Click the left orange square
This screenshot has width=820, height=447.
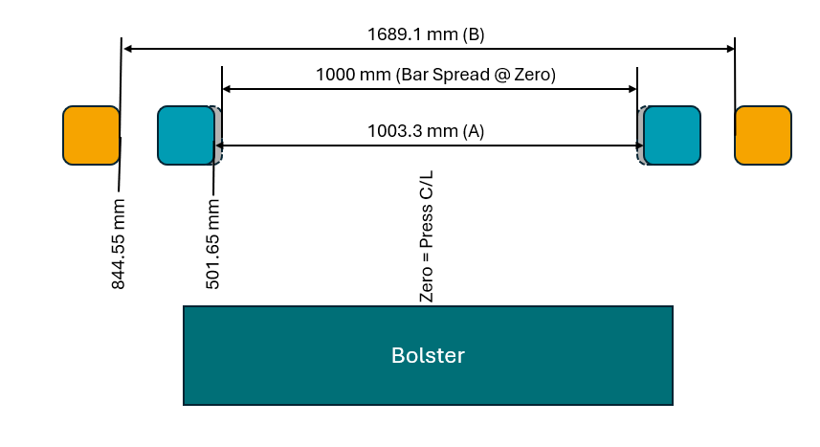pyautogui.click(x=91, y=135)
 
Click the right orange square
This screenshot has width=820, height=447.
pyautogui.click(x=763, y=135)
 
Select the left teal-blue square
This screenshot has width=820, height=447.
pyautogui.click(x=186, y=136)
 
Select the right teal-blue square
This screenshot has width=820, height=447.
pyautogui.click(x=672, y=136)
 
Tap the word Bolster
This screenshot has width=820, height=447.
pyautogui.click(x=428, y=356)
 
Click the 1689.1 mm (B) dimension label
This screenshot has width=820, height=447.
pyautogui.click(x=426, y=35)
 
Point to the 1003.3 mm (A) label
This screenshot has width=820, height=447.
pyautogui.click(x=426, y=132)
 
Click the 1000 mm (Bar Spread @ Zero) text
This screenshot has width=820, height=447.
pyautogui.click(x=435, y=74)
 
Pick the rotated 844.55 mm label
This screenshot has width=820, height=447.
pyautogui.click(x=119, y=245)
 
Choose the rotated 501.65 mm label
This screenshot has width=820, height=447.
pyautogui.click(x=213, y=243)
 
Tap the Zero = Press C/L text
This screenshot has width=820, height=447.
pyautogui.click(x=428, y=244)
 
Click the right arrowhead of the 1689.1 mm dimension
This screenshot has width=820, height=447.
pyautogui.click(x=729, y=48)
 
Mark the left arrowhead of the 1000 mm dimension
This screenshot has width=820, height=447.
pyautogui.click(x=227, y=89)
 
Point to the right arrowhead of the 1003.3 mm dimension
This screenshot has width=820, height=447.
pyautogui.click(x=638, y=145)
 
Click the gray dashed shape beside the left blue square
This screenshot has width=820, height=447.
pyautogui.click(x=218, y=135)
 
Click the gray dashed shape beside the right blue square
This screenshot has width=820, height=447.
pyautogui.click(x=641, y=135)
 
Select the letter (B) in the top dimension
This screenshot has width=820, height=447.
pyautogui.click(x=474, y=35)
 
